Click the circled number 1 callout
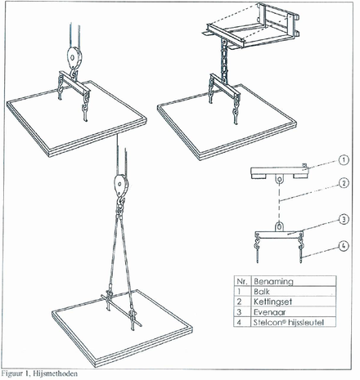tap(344, 160)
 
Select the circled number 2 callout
tap(344, 183)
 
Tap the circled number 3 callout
tap(344, 219)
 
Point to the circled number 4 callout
tap(344, 246)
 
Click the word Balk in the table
tap(262, 292)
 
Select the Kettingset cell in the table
tap(272, 302)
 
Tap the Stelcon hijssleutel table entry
tap(289, 323)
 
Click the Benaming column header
tap(273, 281)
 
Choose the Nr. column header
tap(241, 281)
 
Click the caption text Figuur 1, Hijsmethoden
tap(39, 373)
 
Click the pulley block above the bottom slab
tap(121, 185)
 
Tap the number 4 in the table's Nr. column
tap(239, 323)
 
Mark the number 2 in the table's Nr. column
tap(239, 302)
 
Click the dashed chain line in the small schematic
tap(279, 202)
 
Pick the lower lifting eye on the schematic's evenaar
tap(279, 226)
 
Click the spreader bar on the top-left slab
tap(74, 82)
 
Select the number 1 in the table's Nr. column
tap(239, 292)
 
